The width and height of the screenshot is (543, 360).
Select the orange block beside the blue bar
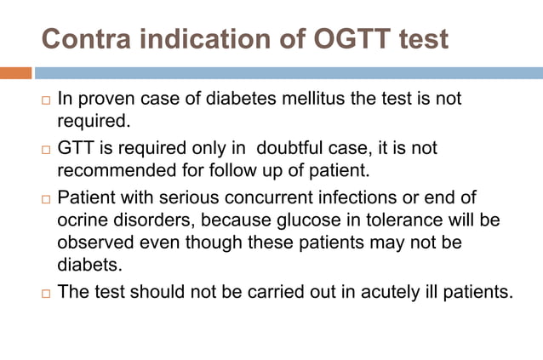coord(15,73)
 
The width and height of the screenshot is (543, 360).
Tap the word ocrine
coord(81,220)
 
